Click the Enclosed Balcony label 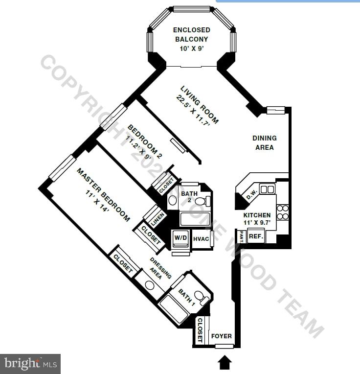click(x=191, y=34)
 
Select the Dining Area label click(x=264, y=142)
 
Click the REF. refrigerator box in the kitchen click(x=256, y=236)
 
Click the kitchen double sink click(x=267, y=189)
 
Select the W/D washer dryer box click(x=180, y=238)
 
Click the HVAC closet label click(x=201, y=239)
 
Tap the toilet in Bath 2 click(x=207, y=200)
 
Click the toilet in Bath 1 click(x=200, y=296)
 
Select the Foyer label click(x=221, y=336)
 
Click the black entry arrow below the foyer click(x=225, y=362)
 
